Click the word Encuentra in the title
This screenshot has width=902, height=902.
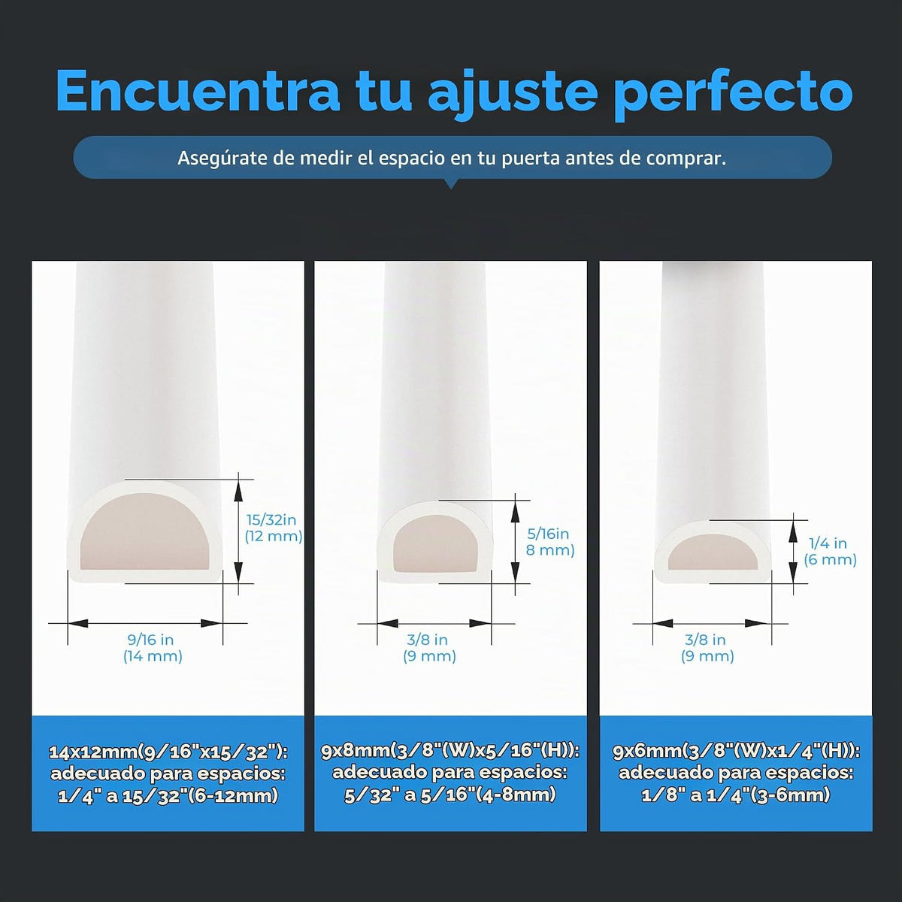tap(198, 90)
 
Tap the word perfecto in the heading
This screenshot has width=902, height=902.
tap(734, 95)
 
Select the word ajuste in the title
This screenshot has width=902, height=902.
tap(513, 94)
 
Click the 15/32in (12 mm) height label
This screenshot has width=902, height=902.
tap(274, 528)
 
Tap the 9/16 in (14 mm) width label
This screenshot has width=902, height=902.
tap(153, 647)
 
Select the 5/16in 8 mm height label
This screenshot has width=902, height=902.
tap(550, 541)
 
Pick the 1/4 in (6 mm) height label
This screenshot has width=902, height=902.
tap(830, 551)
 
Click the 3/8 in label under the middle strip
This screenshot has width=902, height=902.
tap(428, 640)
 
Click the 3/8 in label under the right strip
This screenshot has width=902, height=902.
tap(705, 640)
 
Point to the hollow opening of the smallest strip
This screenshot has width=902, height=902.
tap(713, 552)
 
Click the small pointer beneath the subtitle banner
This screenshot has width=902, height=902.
tap(450, 183)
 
